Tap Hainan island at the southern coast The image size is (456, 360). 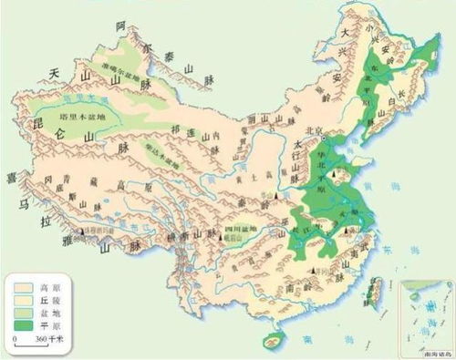269,343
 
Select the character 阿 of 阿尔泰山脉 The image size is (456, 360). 119,26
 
